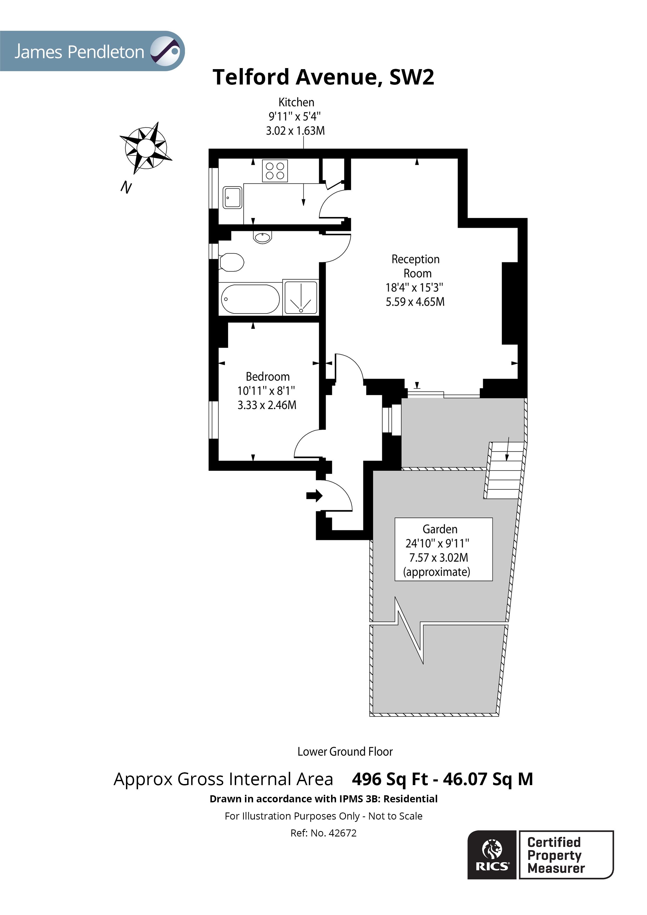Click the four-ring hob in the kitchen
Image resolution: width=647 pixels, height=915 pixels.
[275, 171]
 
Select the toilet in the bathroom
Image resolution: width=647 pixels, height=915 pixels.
[232, 262]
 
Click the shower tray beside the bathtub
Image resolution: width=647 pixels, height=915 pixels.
[301, 297]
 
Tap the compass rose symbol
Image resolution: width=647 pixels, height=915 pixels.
[146, 148]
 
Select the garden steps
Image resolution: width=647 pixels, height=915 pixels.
[505, 470]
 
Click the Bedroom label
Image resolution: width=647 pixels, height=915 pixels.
[267, 377]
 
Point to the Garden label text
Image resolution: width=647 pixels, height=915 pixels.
[440, 529]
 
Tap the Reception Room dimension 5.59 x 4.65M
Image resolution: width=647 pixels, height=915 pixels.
[415, 302]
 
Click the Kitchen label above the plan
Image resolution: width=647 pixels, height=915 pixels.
[296, 103]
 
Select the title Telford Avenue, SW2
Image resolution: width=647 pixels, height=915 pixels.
[323, 77]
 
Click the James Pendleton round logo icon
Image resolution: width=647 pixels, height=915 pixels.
[165, 51]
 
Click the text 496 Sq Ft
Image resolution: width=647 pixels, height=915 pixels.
[390, 779]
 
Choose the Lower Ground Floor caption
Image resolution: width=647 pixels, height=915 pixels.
[345, 752]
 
